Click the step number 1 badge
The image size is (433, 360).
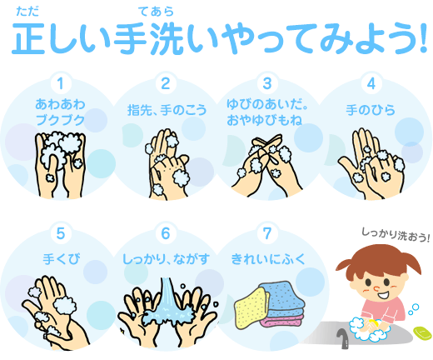coord(61,83)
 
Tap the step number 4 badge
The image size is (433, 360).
coord(371,83)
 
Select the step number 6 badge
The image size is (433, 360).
coord(166,233)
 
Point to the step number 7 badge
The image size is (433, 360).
coord(267,233)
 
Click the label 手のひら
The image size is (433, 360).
coord(371,110)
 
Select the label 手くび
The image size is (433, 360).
coord(62,259)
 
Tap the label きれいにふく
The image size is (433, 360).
coord(268,259)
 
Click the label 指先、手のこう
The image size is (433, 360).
coord(167,110)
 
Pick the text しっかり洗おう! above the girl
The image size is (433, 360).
coord(396,235)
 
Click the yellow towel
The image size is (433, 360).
coord(251,307)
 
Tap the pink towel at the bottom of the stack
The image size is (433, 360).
coord(281,320)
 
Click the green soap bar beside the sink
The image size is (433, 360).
coord(423,332)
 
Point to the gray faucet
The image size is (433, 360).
coord(343,338)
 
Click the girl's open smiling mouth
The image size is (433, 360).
coord(383,295)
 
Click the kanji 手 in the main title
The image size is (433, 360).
coord(131,38)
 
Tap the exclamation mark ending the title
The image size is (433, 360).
coord(423,37)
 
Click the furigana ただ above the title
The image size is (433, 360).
coord(27,12)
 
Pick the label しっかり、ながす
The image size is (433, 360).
coord(166,259)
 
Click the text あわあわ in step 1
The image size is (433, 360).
coord(60,104)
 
